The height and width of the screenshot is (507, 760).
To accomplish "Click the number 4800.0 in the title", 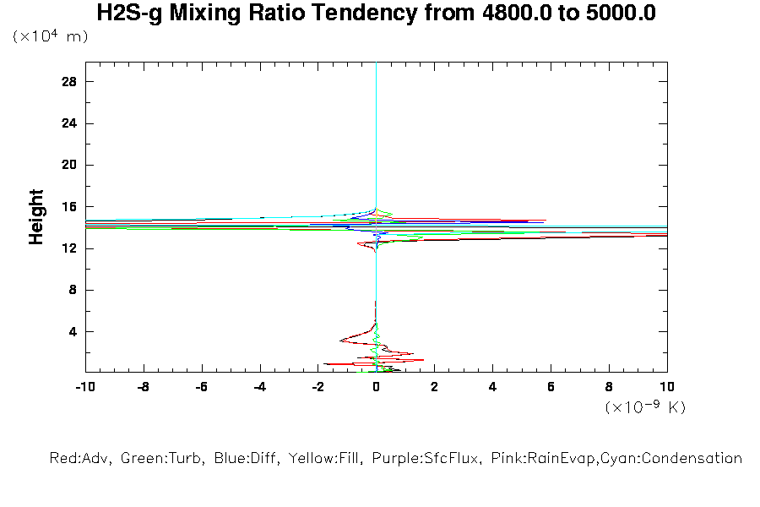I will (x=511, y=14).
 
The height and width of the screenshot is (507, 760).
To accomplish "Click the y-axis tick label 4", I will (x=73, y=331).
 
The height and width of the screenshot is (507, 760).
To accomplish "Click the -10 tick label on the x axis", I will (x=84, y=387).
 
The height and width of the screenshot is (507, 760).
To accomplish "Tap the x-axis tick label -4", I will (x=259, y=387).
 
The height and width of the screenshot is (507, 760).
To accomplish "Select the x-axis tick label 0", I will (x=376, y=387).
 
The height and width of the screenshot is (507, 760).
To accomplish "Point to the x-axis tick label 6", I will (x=551, y=387).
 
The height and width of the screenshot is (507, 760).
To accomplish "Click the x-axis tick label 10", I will (x=667, y=387).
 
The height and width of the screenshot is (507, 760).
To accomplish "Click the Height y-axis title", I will (x=36, y=217).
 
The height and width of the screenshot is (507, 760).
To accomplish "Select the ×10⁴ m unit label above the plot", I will (x=51, y=37).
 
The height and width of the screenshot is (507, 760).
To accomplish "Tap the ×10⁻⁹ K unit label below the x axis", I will (x=645, y=407).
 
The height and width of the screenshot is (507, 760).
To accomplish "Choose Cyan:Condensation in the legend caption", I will (x=681, y=459).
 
